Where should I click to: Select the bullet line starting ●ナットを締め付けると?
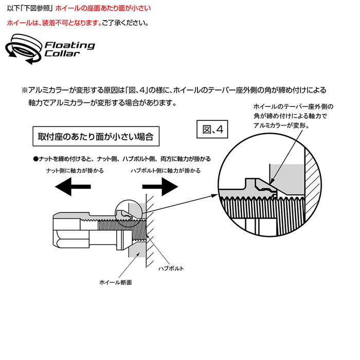[122, 159]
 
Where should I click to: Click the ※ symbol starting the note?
[25, 89]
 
